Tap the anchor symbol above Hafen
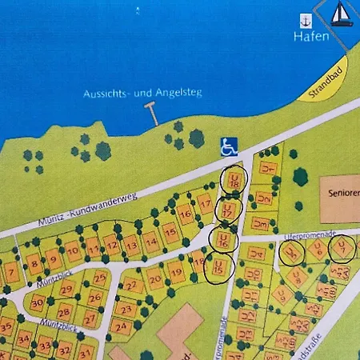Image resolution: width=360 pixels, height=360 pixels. pos(305,21)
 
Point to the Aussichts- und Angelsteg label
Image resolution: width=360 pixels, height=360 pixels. pos(142,94)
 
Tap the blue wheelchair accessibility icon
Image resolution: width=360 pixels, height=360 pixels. pos(229,146)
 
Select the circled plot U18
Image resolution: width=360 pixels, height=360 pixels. pos(234,181)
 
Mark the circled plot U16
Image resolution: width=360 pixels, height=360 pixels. pos(223,238)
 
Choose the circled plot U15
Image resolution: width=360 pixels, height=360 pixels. pos(218,266)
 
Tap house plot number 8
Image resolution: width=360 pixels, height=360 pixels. pos(34,262)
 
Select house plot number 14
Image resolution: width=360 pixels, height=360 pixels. pos(150,241)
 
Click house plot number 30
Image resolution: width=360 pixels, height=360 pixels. pos(37,302)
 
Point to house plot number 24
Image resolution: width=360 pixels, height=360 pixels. pos(122,326)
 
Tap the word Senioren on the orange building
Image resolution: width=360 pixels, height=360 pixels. pos(341,194)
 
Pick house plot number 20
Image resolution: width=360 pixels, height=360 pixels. pos(155,280)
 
